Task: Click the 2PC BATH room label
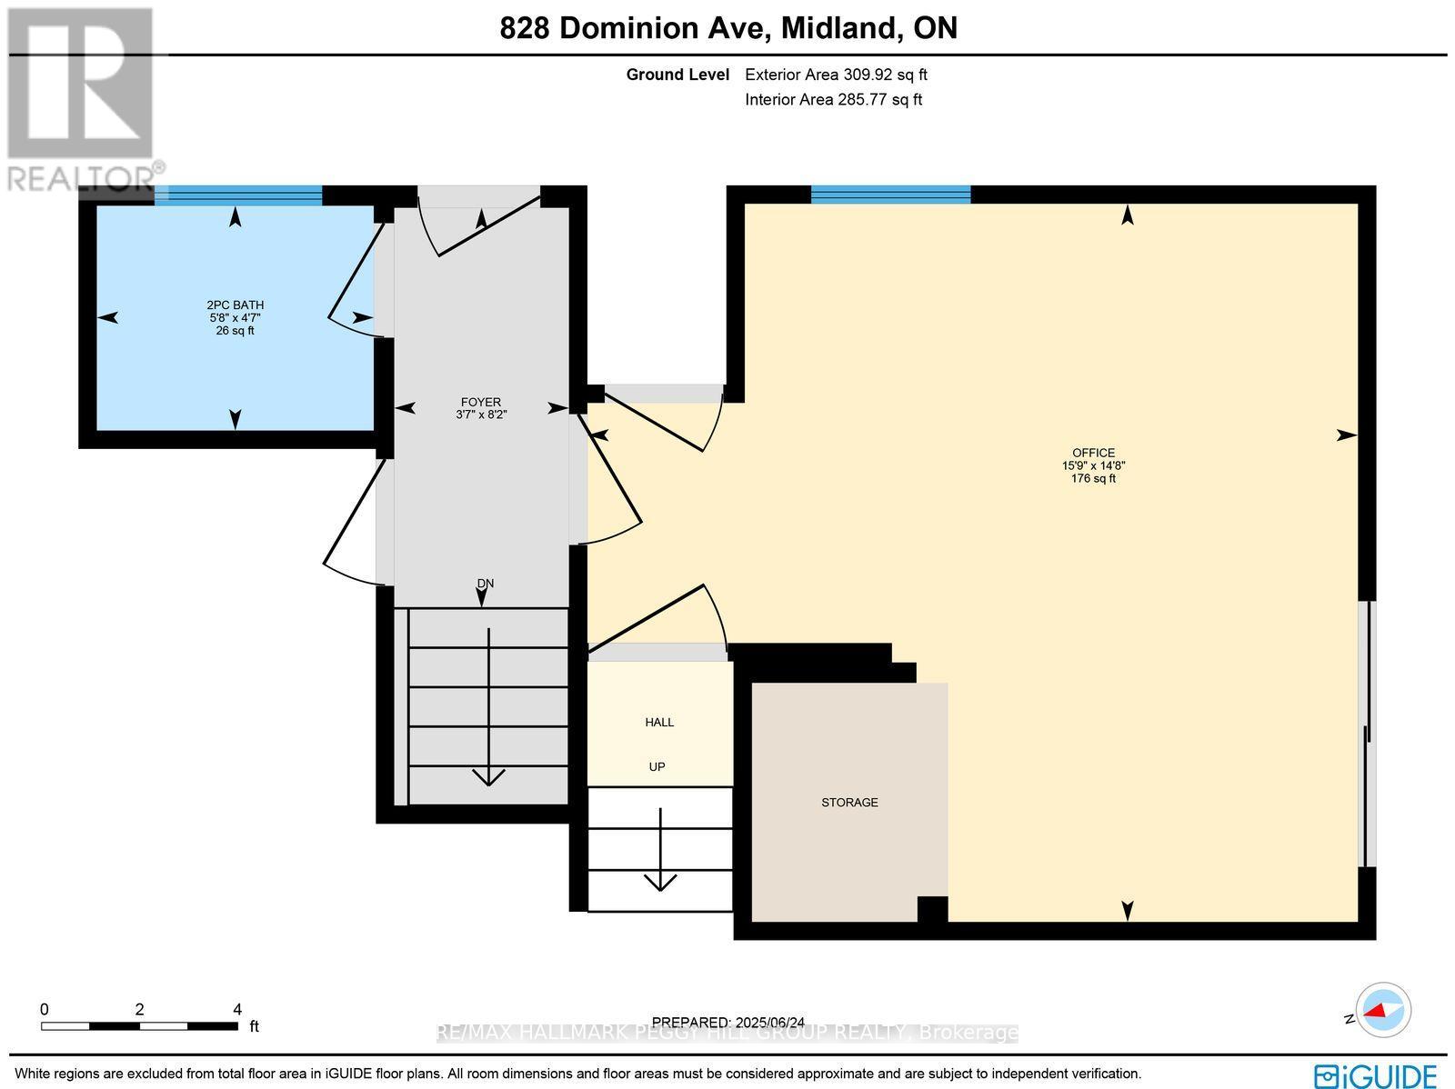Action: click(235, 305)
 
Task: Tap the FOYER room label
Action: click(479, 402)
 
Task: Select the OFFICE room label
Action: click(1093, 453)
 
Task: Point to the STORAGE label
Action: click(849, 803)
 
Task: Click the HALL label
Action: click(659, 723)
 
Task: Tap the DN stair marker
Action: click(485, 584)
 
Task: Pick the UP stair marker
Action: click(657, 767)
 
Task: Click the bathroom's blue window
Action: click(238, 195)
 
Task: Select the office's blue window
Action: click(890, 194)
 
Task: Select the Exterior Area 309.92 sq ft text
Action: click(836, 75)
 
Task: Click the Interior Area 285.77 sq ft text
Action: click(833, 100)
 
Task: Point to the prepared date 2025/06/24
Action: click(728, 1023)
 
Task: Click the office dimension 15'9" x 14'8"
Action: click(1093, 465)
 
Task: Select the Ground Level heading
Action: click(677, 75)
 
